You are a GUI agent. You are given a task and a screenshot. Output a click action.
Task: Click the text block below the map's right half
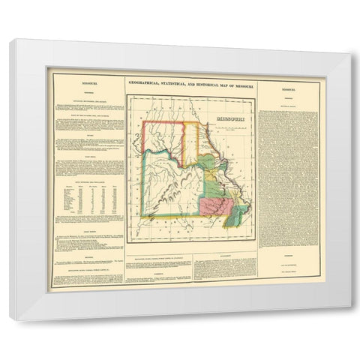click(224, 263)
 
